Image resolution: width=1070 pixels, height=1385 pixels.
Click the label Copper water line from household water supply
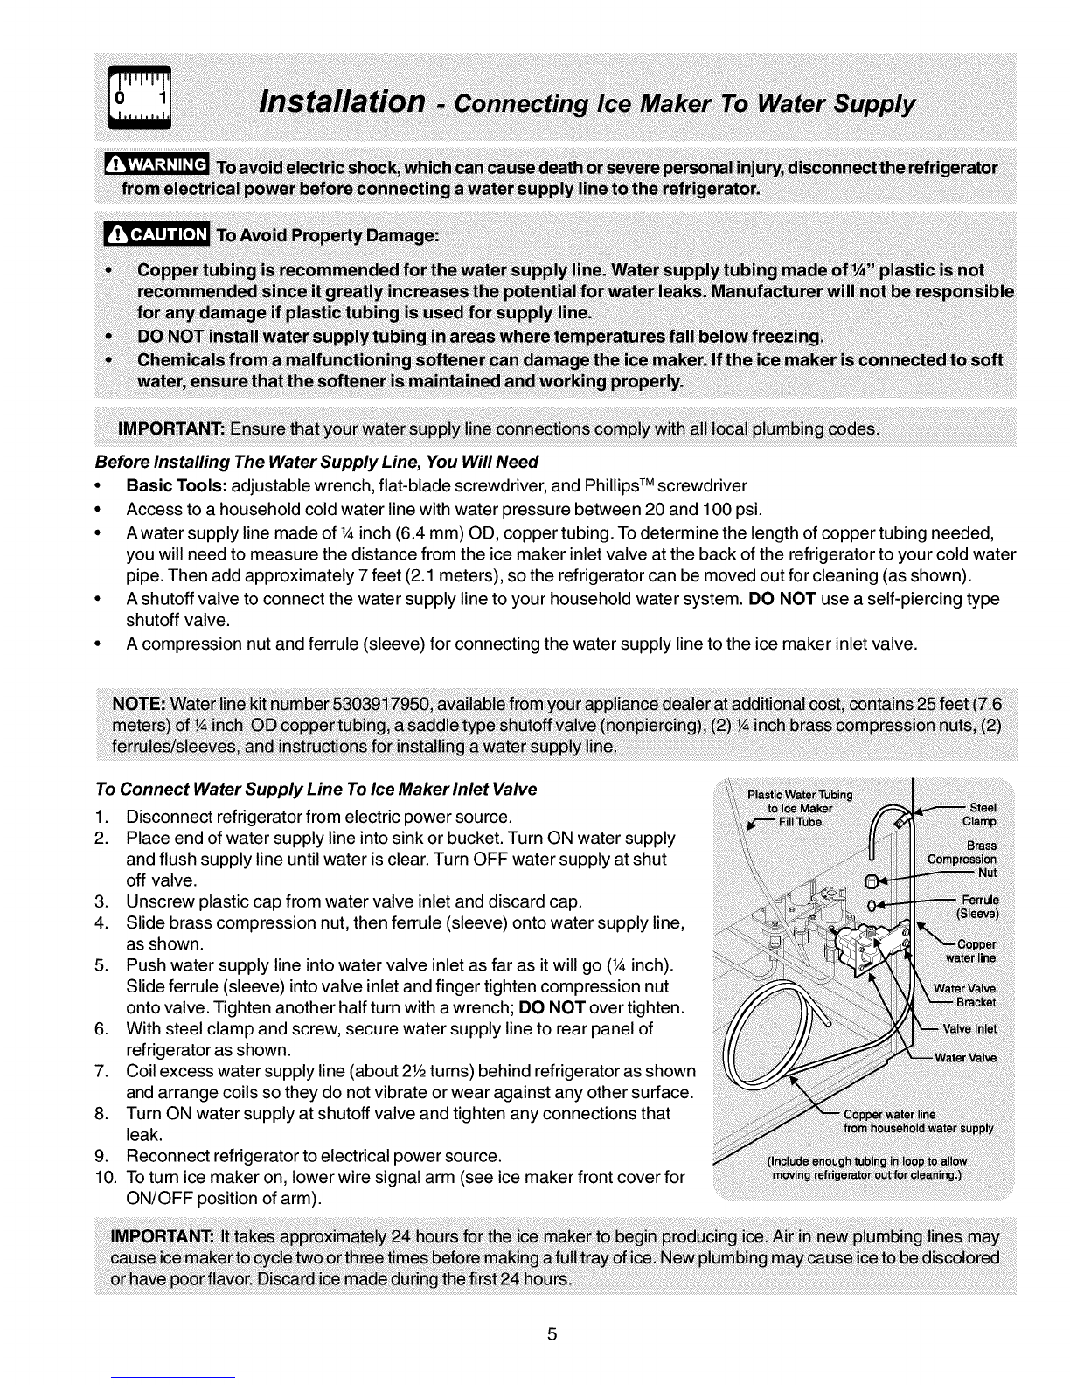point(918,1121)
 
